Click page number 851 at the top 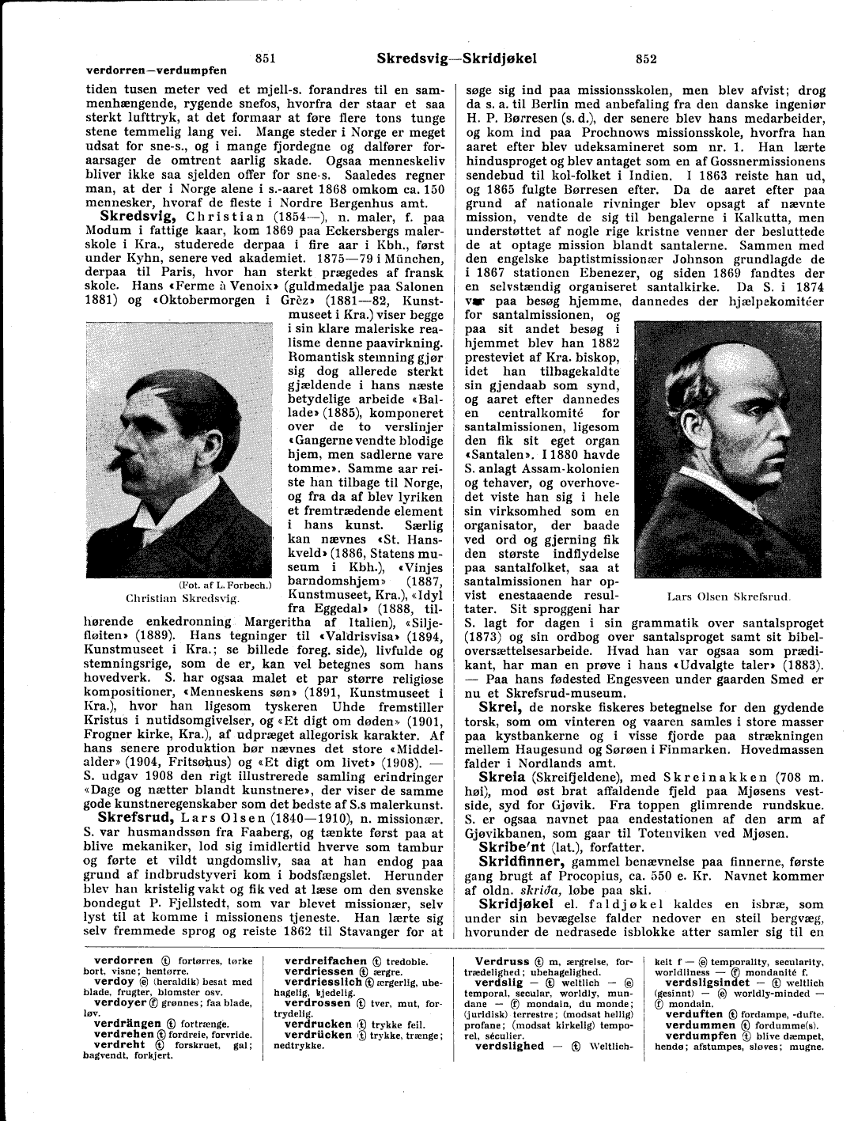pos(266,58)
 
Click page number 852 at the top pos(646,58)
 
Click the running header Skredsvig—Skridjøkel pos(456,58)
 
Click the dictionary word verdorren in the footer pos(123,960)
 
